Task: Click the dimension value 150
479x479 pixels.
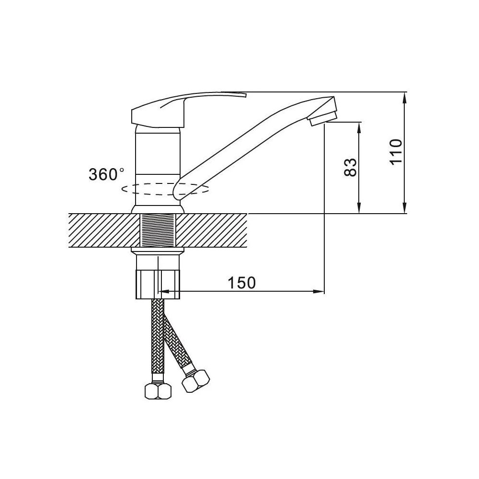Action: pos(241,283)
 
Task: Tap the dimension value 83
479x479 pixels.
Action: pos(351,167)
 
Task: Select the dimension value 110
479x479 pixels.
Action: pos(396,151)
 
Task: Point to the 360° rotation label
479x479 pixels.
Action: pos(106,174)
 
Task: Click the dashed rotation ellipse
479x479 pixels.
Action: pos(165,189)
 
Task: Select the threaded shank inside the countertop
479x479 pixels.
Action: pos(158,230)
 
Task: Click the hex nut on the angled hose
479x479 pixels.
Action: pos(195,381)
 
